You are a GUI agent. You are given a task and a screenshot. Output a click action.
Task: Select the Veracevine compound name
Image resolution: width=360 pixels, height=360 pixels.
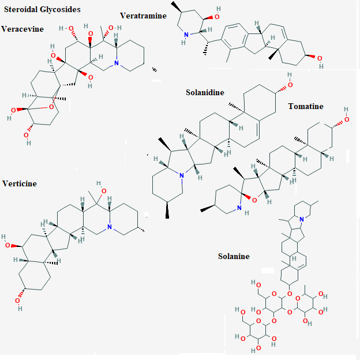(22, 29)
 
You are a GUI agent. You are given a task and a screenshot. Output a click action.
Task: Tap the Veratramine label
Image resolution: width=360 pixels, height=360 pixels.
(143, 16)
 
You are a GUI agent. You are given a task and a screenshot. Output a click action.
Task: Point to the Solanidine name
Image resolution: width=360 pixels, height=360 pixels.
(205, 92)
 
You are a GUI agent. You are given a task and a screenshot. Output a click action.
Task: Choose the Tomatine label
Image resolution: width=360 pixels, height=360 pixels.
(306, 106)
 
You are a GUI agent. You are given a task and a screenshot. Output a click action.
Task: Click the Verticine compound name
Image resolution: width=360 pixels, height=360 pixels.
(20, 183)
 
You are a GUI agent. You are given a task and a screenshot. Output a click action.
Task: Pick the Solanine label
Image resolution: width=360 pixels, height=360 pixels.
(234, 256)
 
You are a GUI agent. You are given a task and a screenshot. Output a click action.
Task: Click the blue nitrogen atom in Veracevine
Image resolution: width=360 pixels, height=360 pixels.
(117, 63)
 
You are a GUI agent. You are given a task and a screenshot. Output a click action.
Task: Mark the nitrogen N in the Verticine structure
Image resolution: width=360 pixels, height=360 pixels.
(110, 227)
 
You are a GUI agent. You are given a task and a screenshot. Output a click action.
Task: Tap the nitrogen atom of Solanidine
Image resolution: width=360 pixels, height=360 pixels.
(182, 175)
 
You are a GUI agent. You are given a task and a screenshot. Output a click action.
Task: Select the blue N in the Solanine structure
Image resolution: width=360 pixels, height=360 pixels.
(302, 219)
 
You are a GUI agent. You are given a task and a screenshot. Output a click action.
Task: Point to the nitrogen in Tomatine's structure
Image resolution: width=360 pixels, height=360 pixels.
(239, 208)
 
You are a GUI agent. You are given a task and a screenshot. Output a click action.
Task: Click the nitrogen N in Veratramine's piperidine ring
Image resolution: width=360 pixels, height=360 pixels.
(186, 35)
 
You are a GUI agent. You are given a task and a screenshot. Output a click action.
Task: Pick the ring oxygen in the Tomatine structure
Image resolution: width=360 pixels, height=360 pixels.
(254, 200)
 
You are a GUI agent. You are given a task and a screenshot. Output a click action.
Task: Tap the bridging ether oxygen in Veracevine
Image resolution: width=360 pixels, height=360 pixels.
(51, 107)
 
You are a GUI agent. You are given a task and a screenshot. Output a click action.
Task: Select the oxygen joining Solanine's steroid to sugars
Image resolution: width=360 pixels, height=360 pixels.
(290, 294)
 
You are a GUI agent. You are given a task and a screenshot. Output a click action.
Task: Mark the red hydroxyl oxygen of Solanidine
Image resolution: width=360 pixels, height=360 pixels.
(290, 85)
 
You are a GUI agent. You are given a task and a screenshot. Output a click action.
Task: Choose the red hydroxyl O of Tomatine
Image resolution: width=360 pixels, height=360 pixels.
(347, 119)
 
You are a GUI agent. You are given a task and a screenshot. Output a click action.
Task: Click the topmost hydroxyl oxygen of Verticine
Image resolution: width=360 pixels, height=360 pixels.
(104, 191)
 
